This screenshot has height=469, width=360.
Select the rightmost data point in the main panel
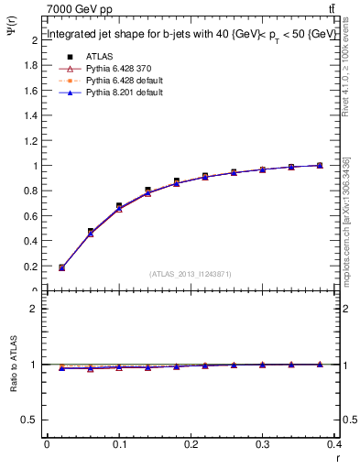(x=319, y=165)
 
